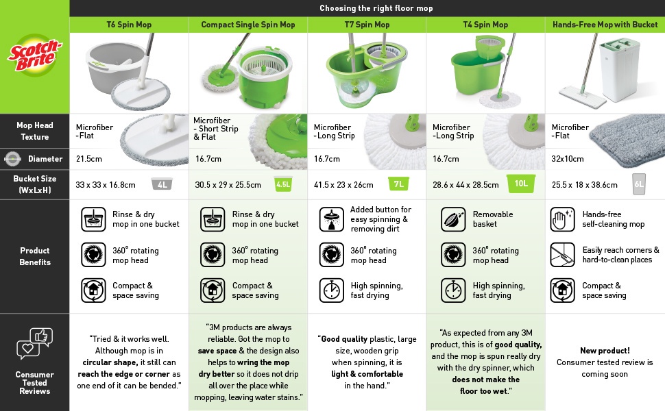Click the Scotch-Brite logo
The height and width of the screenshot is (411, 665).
pos(35,55)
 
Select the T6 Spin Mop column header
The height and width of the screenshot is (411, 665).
pos(129,25)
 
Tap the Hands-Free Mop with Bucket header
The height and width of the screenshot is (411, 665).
pos(605,25)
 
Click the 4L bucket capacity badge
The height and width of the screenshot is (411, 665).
pos(162,184)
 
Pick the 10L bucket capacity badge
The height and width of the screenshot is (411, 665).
pos(521,184)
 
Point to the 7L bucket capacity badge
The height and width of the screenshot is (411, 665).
pos(399,184)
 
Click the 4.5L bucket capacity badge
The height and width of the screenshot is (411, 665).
pos(283,184)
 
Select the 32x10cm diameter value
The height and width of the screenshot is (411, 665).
pos(568,159)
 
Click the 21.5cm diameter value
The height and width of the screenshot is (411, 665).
pos(89,159)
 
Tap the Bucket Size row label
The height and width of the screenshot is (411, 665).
pos(35,184)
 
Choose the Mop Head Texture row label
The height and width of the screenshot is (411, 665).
pos(35,131)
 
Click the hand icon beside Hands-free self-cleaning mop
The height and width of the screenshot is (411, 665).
pos(562,219)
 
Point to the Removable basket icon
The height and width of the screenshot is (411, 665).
pos(453,219)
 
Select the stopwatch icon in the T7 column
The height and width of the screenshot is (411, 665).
pos(332,290)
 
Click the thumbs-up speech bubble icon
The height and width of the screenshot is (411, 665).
pos(41,336)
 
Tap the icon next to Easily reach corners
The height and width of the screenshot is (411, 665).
pos(562,255)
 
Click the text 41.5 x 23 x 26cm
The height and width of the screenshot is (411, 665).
pos(343,185)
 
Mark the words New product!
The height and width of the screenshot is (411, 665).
pos(605,351)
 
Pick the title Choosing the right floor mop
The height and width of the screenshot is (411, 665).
pos(376,8)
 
